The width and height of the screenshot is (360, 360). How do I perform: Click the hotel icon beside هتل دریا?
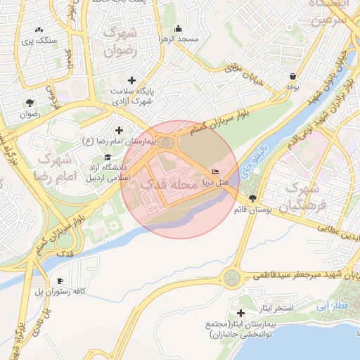[x=216, y=172]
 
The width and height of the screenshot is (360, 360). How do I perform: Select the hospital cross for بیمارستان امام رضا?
[x=118, y=130]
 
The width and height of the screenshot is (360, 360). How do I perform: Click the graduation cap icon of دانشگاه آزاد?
[x=108, y=157]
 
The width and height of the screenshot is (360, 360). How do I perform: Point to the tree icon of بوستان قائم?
[x=252, y=198]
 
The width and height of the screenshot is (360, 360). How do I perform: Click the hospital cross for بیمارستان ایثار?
[x=241, y=312]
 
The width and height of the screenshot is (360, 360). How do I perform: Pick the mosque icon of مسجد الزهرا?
[x=179, y=29]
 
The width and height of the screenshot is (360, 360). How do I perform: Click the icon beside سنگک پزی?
[x=39, y=30]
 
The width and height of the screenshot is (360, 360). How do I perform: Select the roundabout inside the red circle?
[x=167, y=143]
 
